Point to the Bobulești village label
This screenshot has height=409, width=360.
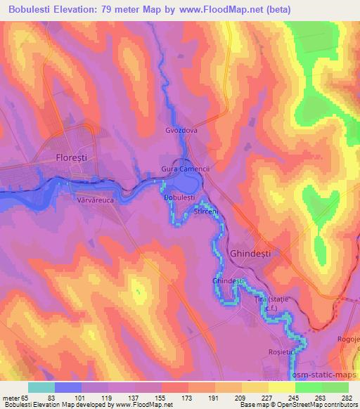pos(179,198)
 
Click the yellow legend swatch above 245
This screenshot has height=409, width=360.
pos(281,388)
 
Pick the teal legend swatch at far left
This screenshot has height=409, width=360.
pos(41,388)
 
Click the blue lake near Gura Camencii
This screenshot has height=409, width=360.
pos(186,184)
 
